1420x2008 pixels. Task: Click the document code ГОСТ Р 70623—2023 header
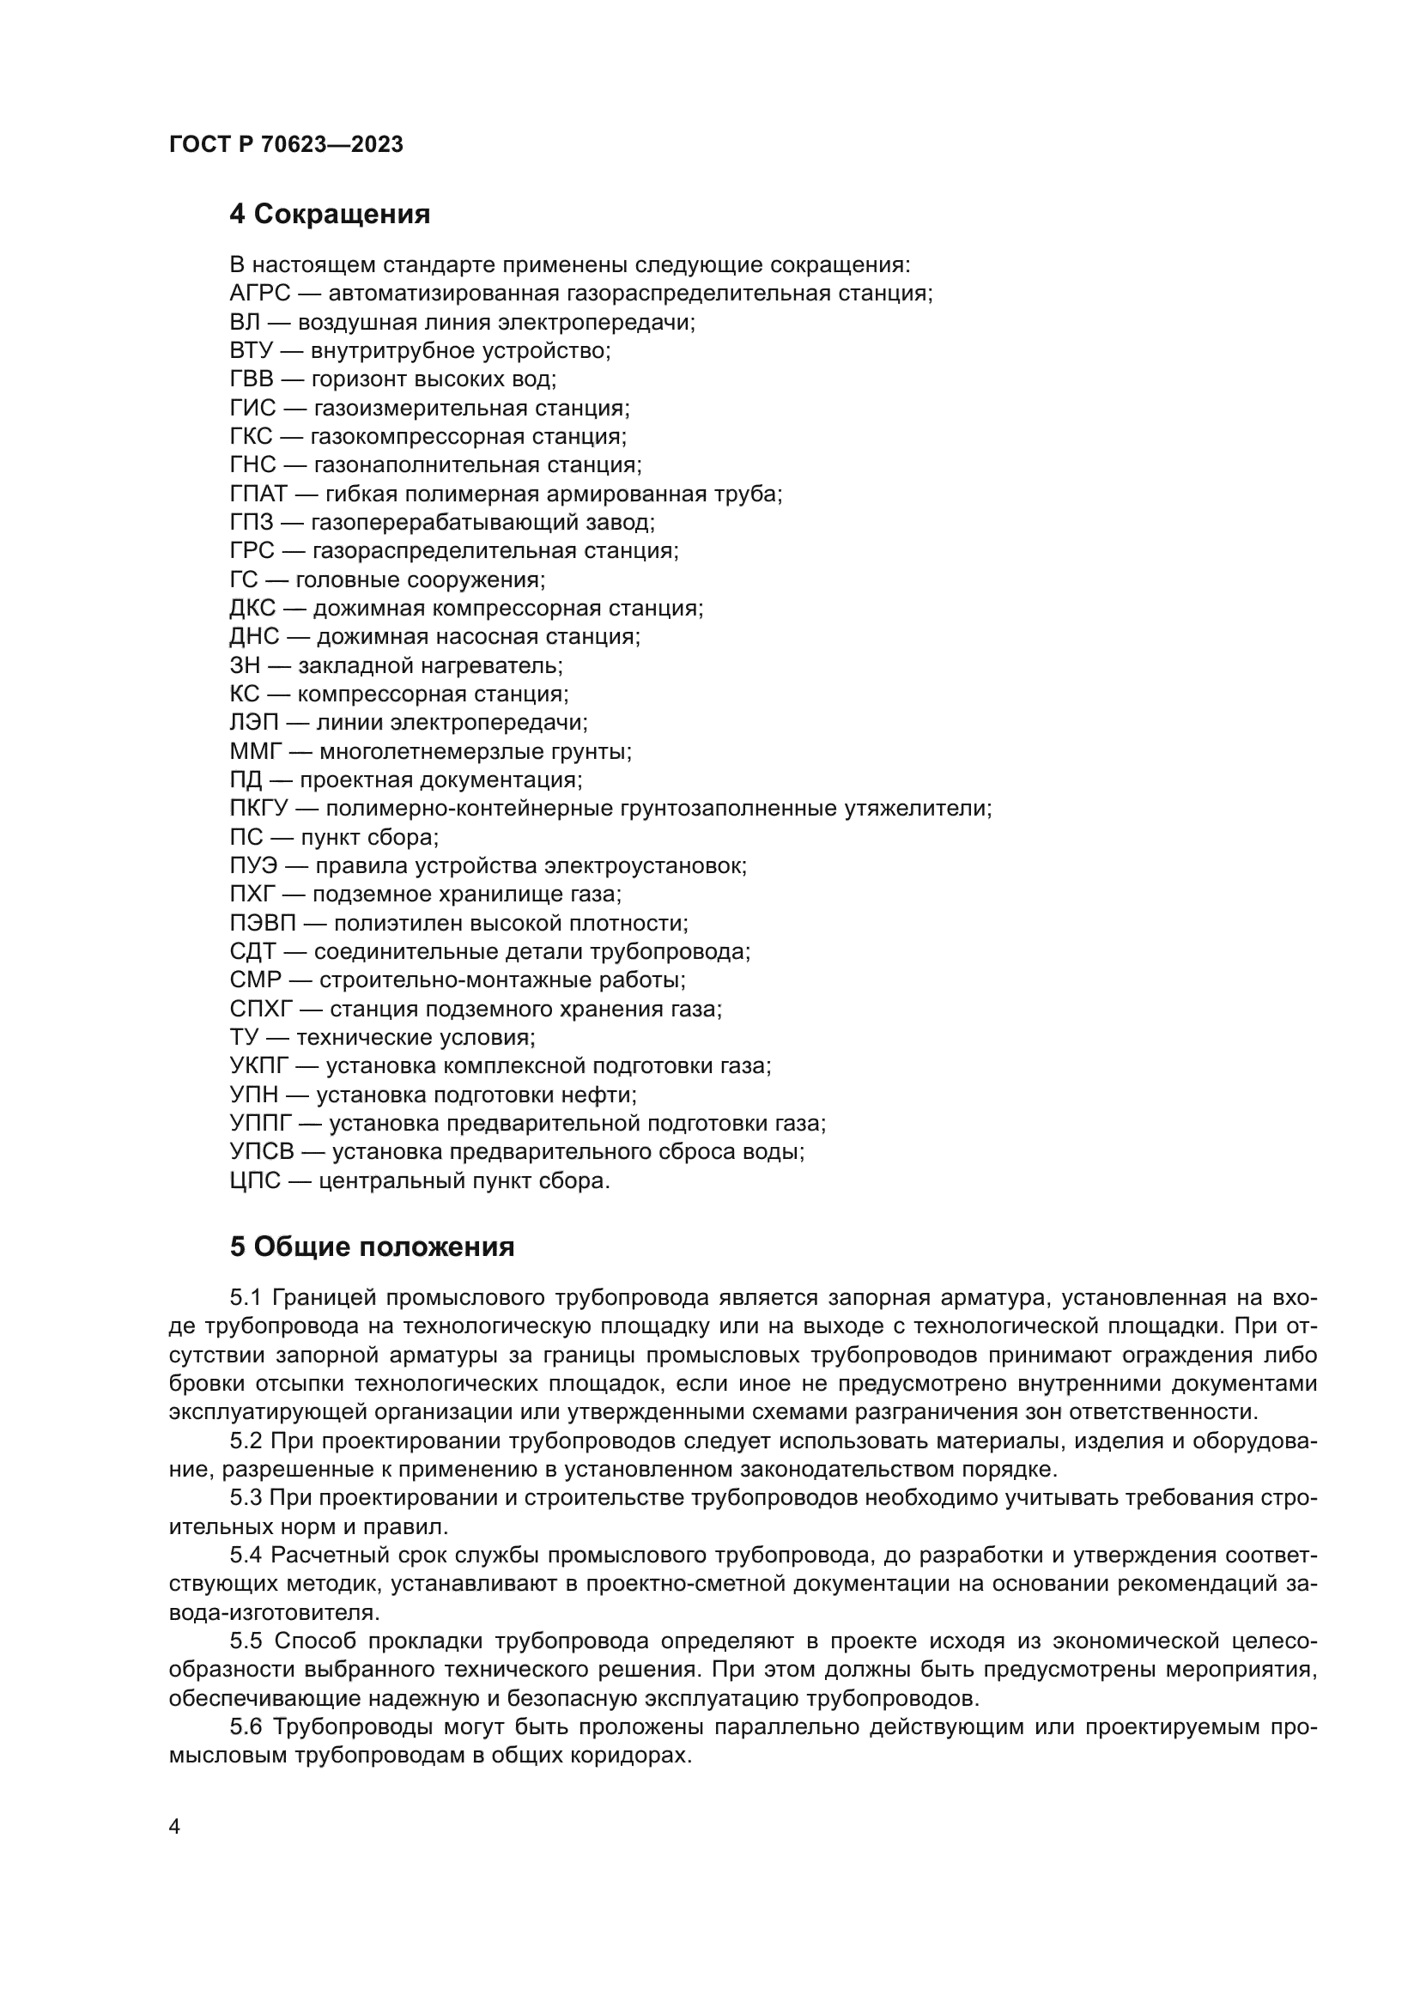point(286,145)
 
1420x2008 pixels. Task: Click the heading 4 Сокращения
point(330,215)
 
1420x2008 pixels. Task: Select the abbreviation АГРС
point(259,293)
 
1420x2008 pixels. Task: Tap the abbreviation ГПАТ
point(258,494)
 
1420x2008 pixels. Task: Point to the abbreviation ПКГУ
point(258,809)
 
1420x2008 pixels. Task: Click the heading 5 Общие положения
point(372,1247)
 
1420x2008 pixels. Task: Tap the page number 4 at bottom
point(174,1827)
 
